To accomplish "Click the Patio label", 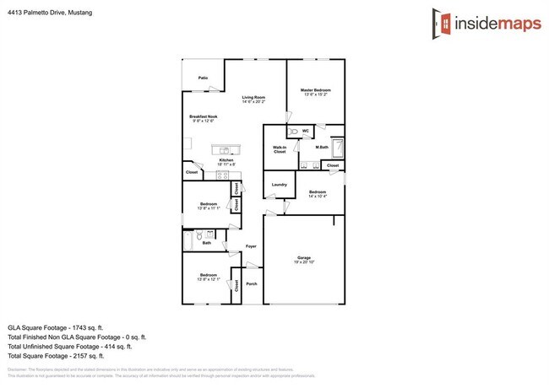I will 204,78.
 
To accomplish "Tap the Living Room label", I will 253,97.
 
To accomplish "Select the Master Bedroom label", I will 316,90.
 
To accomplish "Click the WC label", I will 304,131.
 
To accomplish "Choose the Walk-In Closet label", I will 280,150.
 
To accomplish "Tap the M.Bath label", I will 322,148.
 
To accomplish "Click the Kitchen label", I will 226,160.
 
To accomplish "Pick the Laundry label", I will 280,185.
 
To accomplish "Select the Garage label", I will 304,257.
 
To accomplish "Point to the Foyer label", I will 251,246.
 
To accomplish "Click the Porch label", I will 251,284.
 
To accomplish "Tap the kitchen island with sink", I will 227,150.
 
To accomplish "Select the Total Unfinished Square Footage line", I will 70,346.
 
